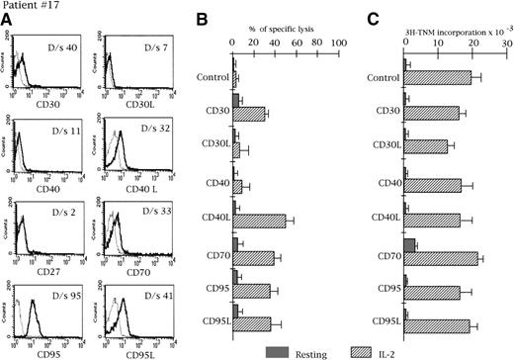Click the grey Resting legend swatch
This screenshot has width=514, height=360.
[280, 351]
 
